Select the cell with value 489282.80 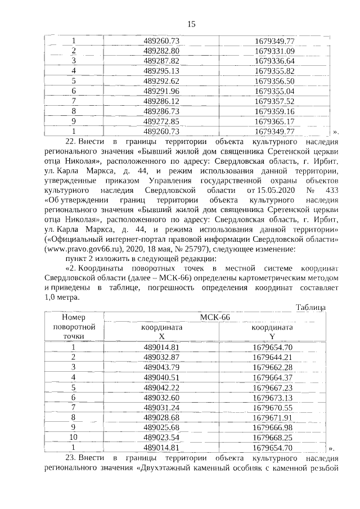pyautogui.click(x=161, y=51)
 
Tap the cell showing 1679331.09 pyautogui.click(x=274, y=51)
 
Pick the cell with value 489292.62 pyautogui.click(x=161, y=81)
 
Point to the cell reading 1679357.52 pyautogui.click(x=274, y=101)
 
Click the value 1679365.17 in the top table pyautogui.click(x=274, y=121)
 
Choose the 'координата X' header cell pyautogui.click(x=161, y=331)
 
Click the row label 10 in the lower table pyautogui.click(x=73, y=438)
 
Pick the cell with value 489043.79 pyautogui.click(x=161, y=367)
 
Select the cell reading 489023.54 pyautogui.click(x=161, y=438)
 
